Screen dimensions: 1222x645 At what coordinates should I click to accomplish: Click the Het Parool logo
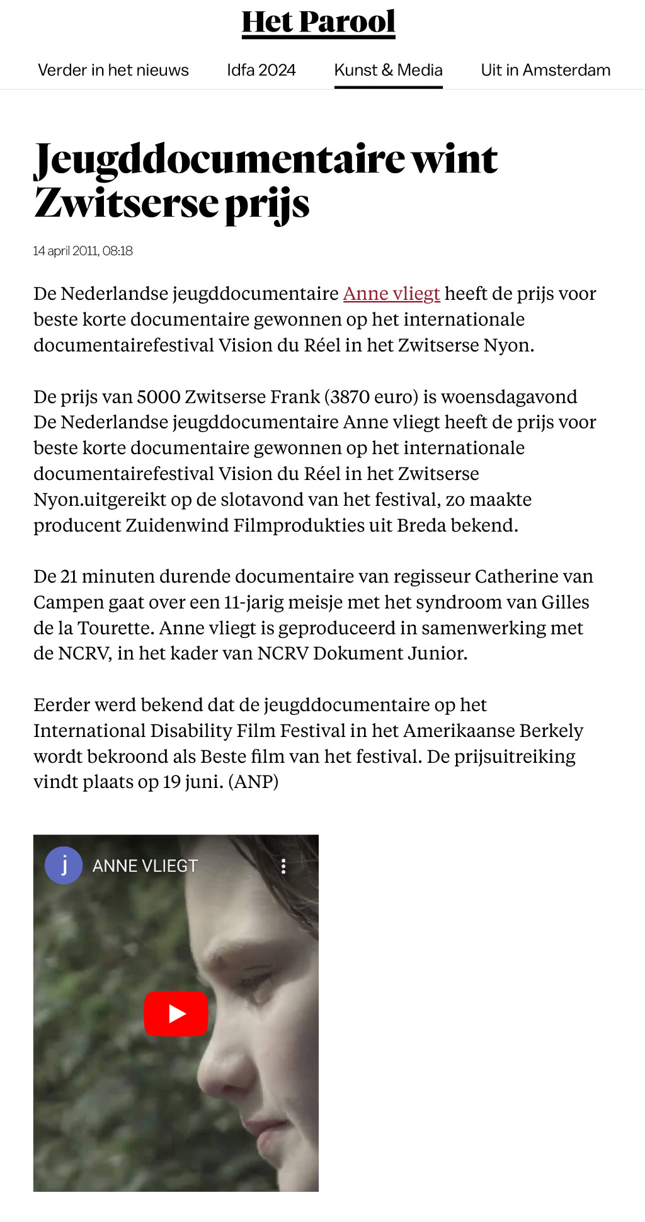[318, 23]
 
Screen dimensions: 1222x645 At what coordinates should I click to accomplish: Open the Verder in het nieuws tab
[113, 70]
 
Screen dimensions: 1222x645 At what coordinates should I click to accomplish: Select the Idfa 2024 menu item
[261, 70]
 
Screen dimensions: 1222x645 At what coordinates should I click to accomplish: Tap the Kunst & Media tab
[388, 70]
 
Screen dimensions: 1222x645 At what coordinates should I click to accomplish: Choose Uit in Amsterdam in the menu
[545, 70]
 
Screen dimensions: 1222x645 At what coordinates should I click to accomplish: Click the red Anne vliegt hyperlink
[391, 294]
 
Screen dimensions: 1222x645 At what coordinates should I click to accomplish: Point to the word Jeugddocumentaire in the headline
[219, 160]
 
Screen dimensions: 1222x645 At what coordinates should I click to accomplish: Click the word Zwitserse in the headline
[126, 204]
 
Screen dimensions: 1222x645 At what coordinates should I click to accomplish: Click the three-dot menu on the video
[283, 866]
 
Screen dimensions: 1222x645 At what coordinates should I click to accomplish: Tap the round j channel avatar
[64, 865]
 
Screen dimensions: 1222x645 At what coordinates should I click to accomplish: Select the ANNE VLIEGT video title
[145, 866]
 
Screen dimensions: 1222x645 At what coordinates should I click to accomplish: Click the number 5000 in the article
[158, 397]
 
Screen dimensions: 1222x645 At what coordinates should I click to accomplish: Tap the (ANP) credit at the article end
[253, 782]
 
